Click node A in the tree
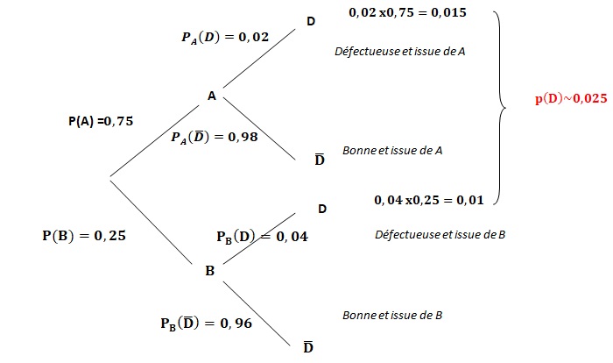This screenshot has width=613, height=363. (212, 96)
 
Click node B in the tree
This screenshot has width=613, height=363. (210, 271)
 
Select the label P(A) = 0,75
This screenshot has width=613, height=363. (101, 121)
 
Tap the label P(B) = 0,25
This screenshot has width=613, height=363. (84, 235)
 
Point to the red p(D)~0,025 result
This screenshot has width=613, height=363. (571, 98)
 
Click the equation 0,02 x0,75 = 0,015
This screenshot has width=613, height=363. (407, 12)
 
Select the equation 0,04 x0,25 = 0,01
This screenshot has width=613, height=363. (429, 200)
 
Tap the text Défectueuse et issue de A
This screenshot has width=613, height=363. (400, 52)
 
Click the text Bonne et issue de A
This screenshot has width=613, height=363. (392, 150)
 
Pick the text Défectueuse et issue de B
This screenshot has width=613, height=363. (440, 235)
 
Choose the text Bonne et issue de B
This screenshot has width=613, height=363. (392, 316)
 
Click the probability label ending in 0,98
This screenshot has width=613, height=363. (215, 137)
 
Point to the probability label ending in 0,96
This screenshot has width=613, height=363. (207, 324)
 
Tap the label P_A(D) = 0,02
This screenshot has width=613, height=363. (225, 37)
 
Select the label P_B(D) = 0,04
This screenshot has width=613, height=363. (263, 237)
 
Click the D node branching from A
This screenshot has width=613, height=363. (311, 22)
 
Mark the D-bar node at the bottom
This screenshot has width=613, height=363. (308, 346)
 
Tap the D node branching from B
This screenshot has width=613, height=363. (322, 209)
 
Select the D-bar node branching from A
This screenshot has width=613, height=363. (320, 159)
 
